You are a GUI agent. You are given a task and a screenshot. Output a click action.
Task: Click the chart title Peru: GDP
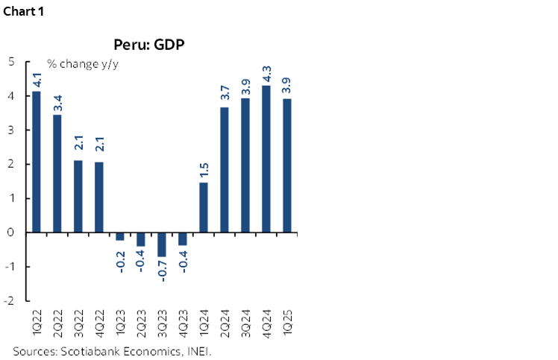[149, 44]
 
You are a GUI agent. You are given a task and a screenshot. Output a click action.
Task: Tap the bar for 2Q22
[56, 174]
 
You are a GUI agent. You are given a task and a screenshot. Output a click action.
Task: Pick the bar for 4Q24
[266, 159]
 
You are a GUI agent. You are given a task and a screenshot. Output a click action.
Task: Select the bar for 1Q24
[204, 207]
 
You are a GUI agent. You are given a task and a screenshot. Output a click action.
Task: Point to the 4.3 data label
[266, 75]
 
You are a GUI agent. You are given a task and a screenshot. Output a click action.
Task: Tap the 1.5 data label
[204, 171]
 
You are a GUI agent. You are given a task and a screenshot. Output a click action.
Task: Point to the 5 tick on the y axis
[11, 62]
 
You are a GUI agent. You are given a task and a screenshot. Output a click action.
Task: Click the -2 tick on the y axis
[8, 300]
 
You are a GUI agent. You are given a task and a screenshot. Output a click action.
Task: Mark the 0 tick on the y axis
[11, 233]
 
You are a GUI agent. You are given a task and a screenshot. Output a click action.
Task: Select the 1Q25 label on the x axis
[287, 319]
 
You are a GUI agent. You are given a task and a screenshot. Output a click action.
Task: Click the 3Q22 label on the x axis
[78, 319]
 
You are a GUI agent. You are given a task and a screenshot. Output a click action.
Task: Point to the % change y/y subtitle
[83, 63]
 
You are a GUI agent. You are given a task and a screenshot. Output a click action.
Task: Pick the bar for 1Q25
[287, 165]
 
